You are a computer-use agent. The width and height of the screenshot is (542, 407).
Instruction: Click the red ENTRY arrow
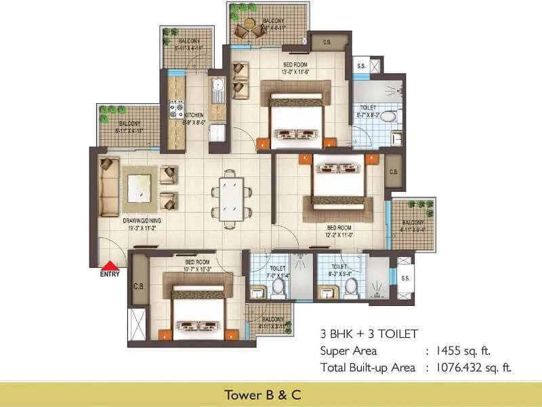(x=109, y=265)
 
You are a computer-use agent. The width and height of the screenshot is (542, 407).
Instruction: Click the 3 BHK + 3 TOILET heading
(x=369, y=334)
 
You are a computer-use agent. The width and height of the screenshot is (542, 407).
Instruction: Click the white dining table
(x=231, y=197)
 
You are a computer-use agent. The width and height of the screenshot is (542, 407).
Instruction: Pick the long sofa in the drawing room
(x=108, y=188)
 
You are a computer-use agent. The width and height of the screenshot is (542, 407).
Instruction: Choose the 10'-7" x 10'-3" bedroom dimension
(x=196, y=269)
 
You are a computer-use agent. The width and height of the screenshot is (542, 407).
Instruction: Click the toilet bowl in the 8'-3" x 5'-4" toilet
(x=350, y=288)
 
